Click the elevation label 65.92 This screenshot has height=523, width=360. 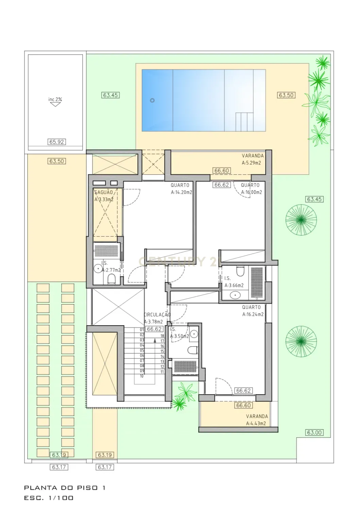click(57, 142)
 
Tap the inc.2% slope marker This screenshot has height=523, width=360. click(55, 102)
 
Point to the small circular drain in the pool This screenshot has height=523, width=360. click(152, 100)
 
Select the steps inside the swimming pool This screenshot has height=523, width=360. click(244, 122)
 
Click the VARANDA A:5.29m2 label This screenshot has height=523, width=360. click(251, 159)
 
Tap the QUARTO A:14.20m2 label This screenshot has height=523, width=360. click(181, 189)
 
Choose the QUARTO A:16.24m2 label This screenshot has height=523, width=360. click(253, 311)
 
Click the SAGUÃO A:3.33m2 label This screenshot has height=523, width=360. click(104, 196)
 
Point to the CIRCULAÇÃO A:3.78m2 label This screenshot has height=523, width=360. click(156, 318)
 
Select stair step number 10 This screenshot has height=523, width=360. click(142, 376)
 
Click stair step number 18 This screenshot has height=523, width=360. click(162, 336)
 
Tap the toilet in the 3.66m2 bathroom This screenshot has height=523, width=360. click(240, 272)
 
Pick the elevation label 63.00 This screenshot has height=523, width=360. click(314, 433)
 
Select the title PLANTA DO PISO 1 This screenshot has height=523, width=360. click(65, 488)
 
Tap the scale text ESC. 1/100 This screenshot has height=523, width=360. click(49, 498)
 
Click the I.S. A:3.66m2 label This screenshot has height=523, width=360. click(234, 282)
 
